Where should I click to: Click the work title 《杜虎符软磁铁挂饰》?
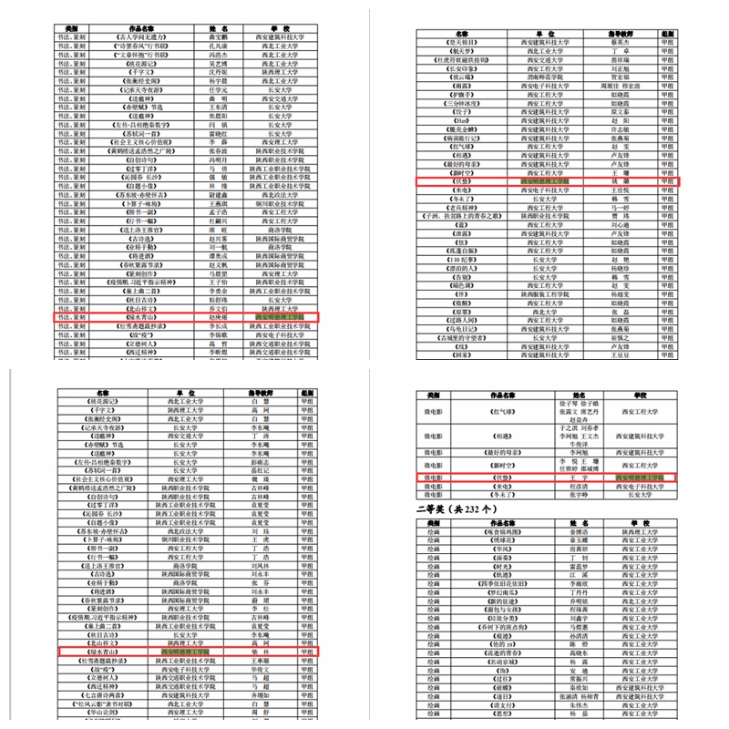[463, 59]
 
